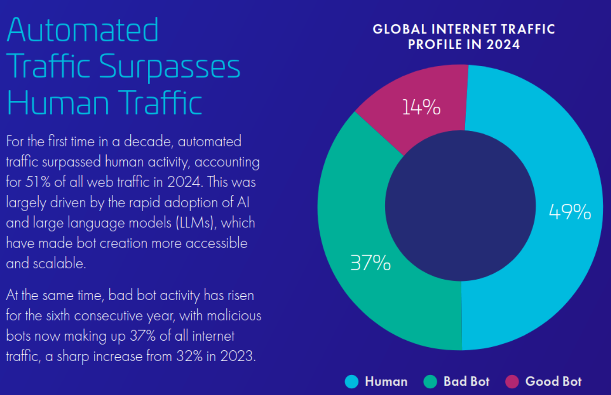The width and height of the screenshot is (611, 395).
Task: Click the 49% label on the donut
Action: point(570,212)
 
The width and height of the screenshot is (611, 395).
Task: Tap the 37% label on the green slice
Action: point(370,263)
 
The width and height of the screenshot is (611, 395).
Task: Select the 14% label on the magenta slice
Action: point(421,107)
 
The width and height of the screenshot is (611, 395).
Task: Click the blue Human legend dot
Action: point(352,381)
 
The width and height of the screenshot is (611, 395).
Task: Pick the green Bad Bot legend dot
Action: point(430,381)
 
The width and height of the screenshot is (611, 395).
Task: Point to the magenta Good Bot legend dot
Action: point(512,381)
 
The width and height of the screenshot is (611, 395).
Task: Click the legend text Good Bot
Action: point(553,381)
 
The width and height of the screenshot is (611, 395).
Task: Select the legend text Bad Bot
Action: point(466,381)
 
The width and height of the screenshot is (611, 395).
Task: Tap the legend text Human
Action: point(386,381)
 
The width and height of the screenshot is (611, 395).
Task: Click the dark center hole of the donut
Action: point(460,205)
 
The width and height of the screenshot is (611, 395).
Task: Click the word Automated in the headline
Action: point(83,31)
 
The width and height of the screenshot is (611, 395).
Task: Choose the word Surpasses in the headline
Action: point(169,67)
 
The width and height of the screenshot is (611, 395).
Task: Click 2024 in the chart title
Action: point(503,44)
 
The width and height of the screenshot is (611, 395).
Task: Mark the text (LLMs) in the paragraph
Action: point(196,223)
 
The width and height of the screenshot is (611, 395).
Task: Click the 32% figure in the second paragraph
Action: point(190,356)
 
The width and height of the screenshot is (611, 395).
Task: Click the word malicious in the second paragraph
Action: point(234,316)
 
